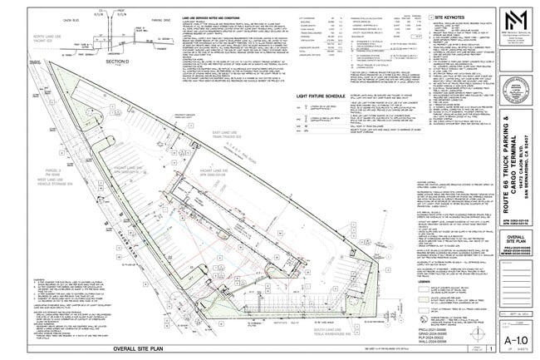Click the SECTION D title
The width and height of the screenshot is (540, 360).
[x=121, y=62]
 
